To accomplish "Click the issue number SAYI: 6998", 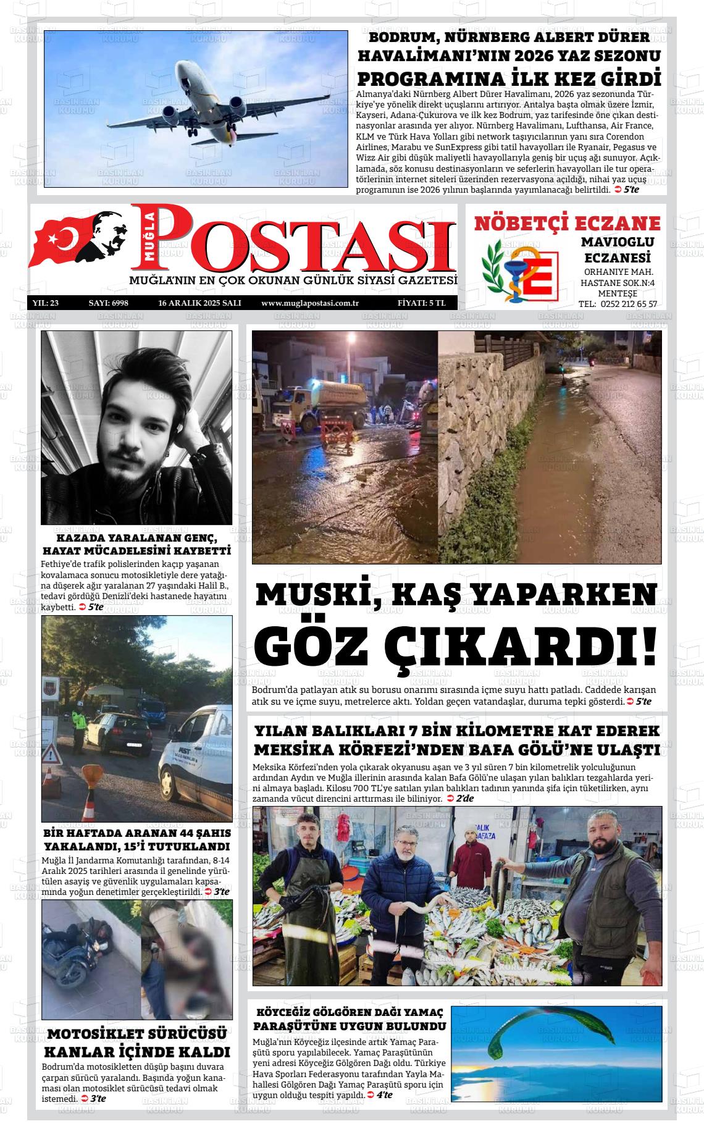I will pos(108,303).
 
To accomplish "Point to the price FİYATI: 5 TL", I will pos(417,303).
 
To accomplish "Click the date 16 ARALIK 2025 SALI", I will pos(199,303).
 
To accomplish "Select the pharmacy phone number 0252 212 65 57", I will pos(626,304).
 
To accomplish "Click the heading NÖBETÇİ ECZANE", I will pos(567,223).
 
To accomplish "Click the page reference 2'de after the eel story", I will pos(464,799).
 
